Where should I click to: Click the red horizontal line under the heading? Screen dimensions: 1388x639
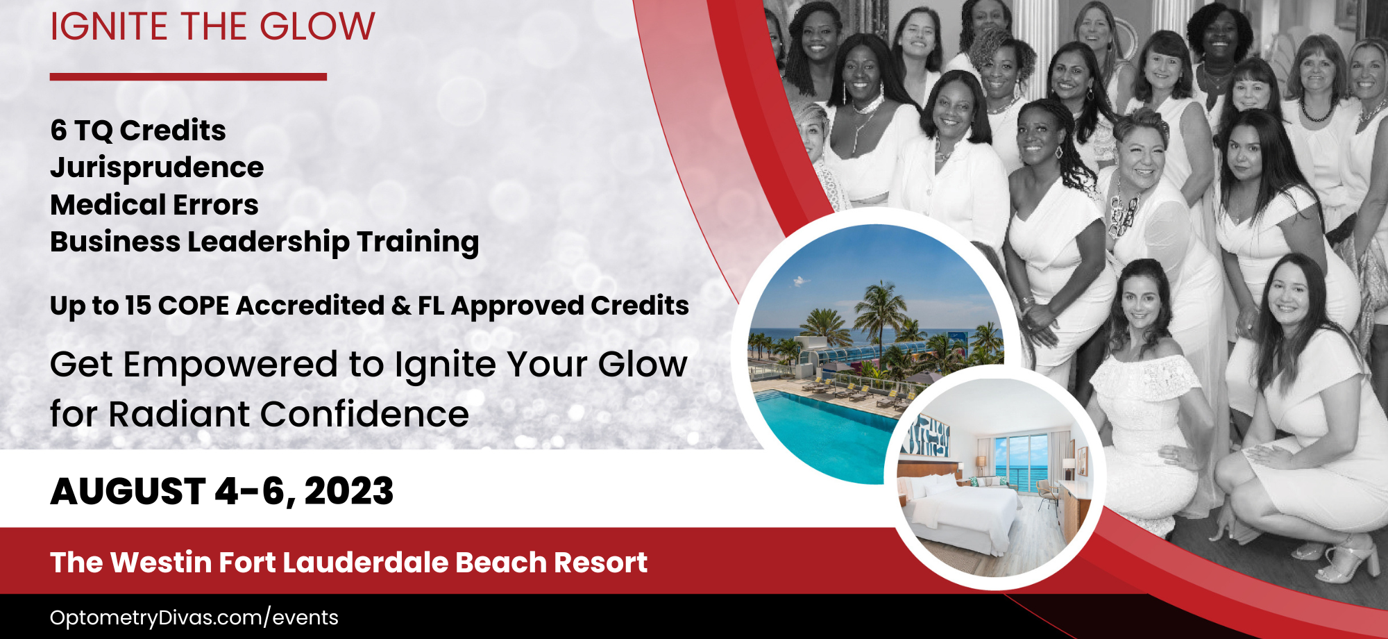pyautogui.click(x=188, y=76)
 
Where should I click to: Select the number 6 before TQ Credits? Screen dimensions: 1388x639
pyautogui.click(x=58, y=131)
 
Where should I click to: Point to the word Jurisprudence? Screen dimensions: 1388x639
pyautogui.click(x=157, y=168)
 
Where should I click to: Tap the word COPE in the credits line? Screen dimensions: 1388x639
pyautogui.click(x=194, y=306)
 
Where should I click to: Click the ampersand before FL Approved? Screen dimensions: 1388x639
pyautogui.click(x=401, y=306)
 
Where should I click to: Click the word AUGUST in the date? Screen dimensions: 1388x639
pyautogui.click(x=128, y=492)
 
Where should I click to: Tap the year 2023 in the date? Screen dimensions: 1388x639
pyautogui.click(x=349, y=492)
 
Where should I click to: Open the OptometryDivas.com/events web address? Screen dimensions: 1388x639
pyautogui.click(x=194, y=617)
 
